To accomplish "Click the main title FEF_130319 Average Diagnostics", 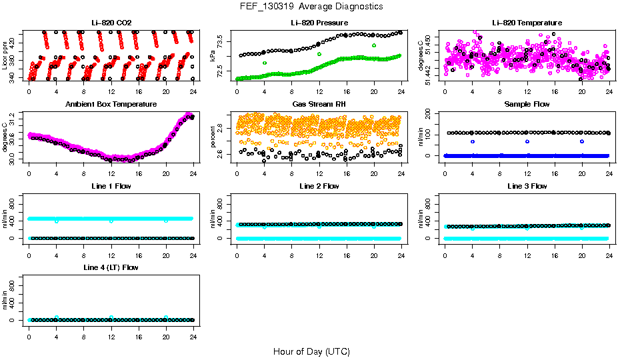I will (x=312, y=6).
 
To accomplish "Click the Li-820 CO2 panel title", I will (x=111, y=23).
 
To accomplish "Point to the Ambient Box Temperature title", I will (x=111, y=105).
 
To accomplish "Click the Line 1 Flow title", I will (x=111, y=186).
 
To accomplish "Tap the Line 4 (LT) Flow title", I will (x=111, y=267).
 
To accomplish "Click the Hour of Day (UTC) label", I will (x=311, y=351).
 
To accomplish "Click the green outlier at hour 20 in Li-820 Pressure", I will (x=374, y=45).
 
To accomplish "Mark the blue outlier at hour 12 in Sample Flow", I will (x=527, y=141).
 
